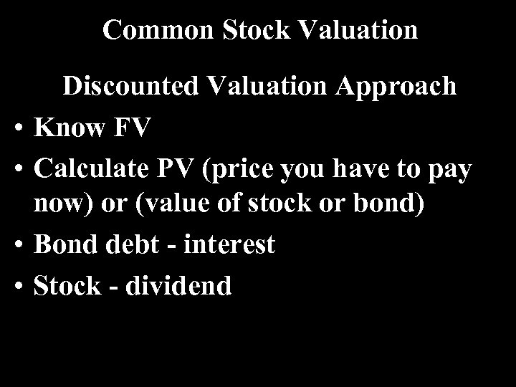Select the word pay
[x=449, y=171]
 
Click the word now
[x=60, y=203]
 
